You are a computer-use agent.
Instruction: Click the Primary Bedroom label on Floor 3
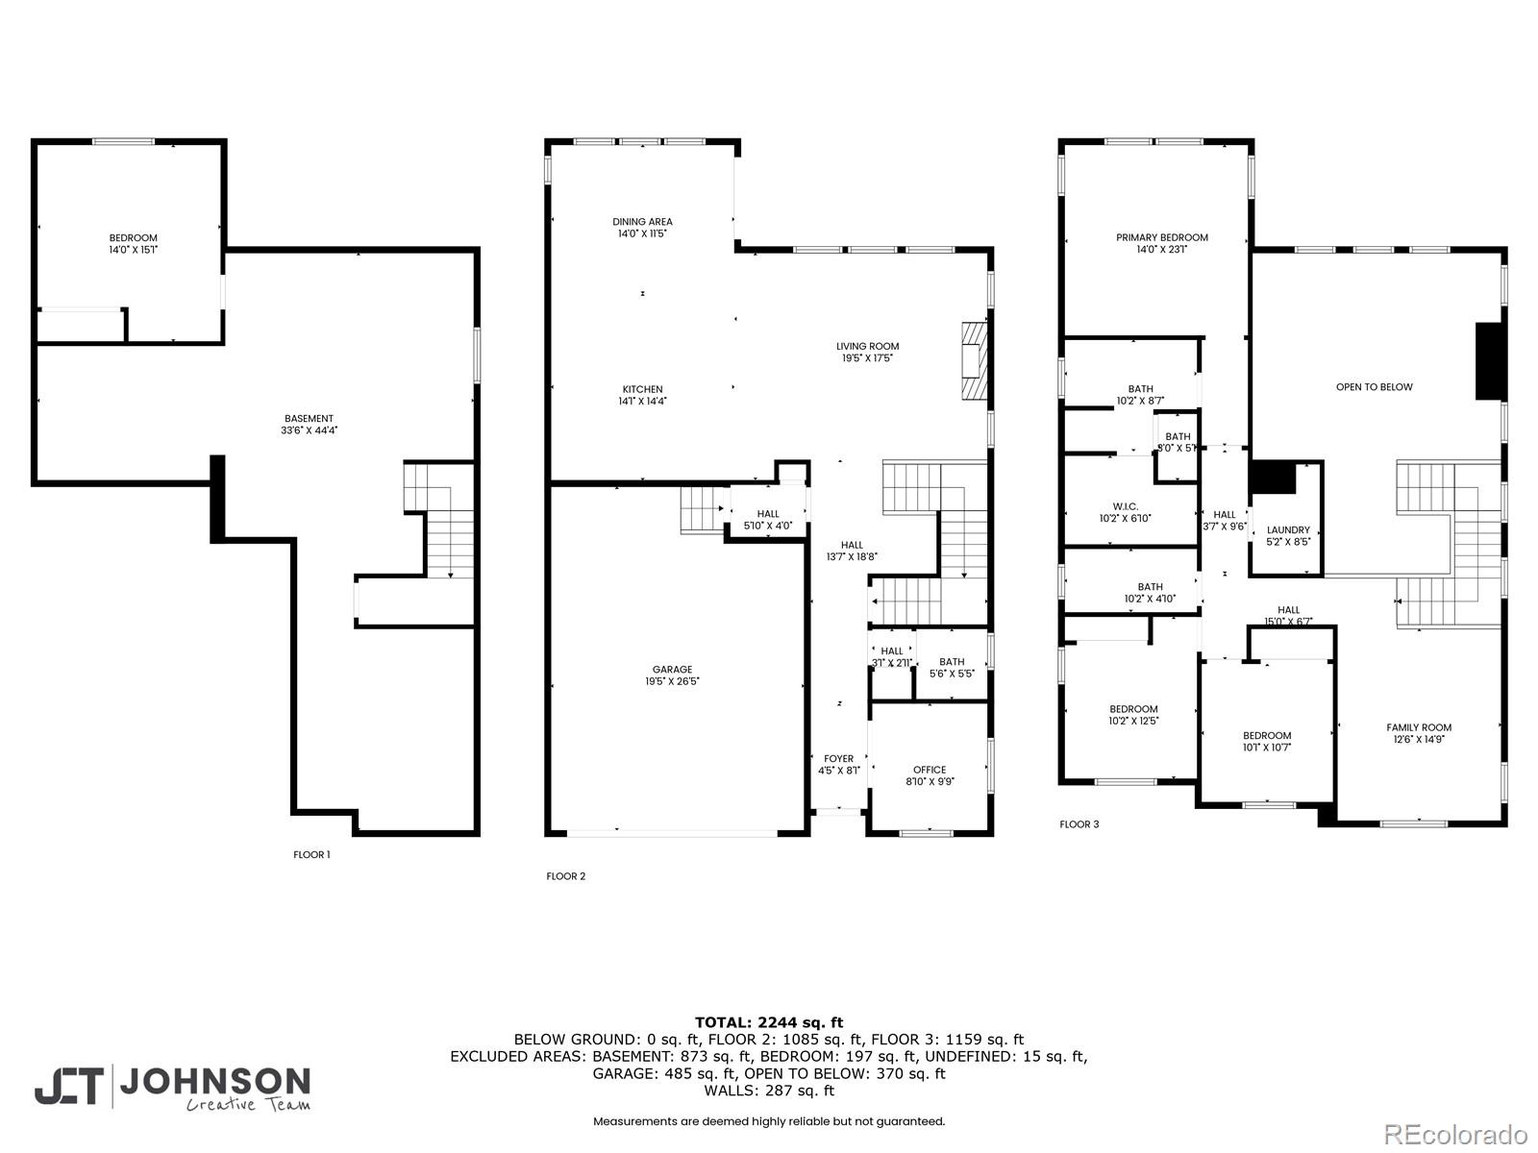coord(1161,237)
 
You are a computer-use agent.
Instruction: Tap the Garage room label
coord(672,670)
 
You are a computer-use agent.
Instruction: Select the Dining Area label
coord(642,222)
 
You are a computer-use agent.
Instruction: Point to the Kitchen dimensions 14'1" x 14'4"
coord(642,401)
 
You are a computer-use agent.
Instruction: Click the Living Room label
coord(867,347)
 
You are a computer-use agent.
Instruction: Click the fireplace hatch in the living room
coord(974,360)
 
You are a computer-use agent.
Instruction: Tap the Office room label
coord(930,770)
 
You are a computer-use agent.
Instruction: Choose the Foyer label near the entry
coord(838,759)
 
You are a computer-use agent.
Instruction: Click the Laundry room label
coord(1288,529)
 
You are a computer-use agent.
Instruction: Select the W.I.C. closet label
coord(1125,506)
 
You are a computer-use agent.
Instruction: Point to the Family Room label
coord(1418,727)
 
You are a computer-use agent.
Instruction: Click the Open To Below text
coord(1374,387)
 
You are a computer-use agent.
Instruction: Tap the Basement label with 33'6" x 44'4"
coord(309,419)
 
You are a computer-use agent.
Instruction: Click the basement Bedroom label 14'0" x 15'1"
coord(133,238)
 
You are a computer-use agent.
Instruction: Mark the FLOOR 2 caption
coord(565,876)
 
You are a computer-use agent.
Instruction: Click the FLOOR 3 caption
coord(1079,824)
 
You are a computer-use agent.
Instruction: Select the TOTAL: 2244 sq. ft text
coord(768,1022)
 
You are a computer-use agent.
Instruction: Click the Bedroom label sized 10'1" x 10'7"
coord(1266,736)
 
